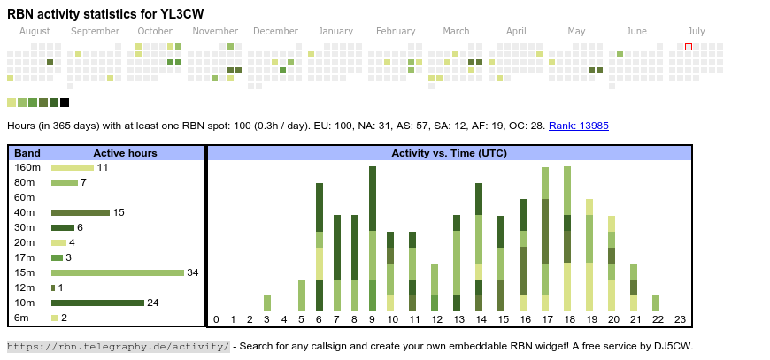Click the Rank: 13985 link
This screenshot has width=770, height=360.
[578, 126]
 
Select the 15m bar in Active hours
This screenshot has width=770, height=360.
[117, 272]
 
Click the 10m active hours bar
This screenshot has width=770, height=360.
[97, 303]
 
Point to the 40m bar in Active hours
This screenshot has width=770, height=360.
[80, 212]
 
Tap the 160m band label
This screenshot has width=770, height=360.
[27, 167]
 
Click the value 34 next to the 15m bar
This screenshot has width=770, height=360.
[192, 272]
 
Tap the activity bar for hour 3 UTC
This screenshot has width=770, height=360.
[267, 303]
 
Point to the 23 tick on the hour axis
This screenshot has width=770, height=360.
[680, 319]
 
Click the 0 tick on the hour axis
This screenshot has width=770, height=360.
[216, 319]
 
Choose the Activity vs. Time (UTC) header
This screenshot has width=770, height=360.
[449, 153]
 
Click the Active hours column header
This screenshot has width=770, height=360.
[125, 153]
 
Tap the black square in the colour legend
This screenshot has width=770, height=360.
[65, 103]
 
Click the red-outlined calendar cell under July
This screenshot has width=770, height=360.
[689, 47]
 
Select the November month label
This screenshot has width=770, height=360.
[215, 31]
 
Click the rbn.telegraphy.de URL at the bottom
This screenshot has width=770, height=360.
[119, 346]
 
